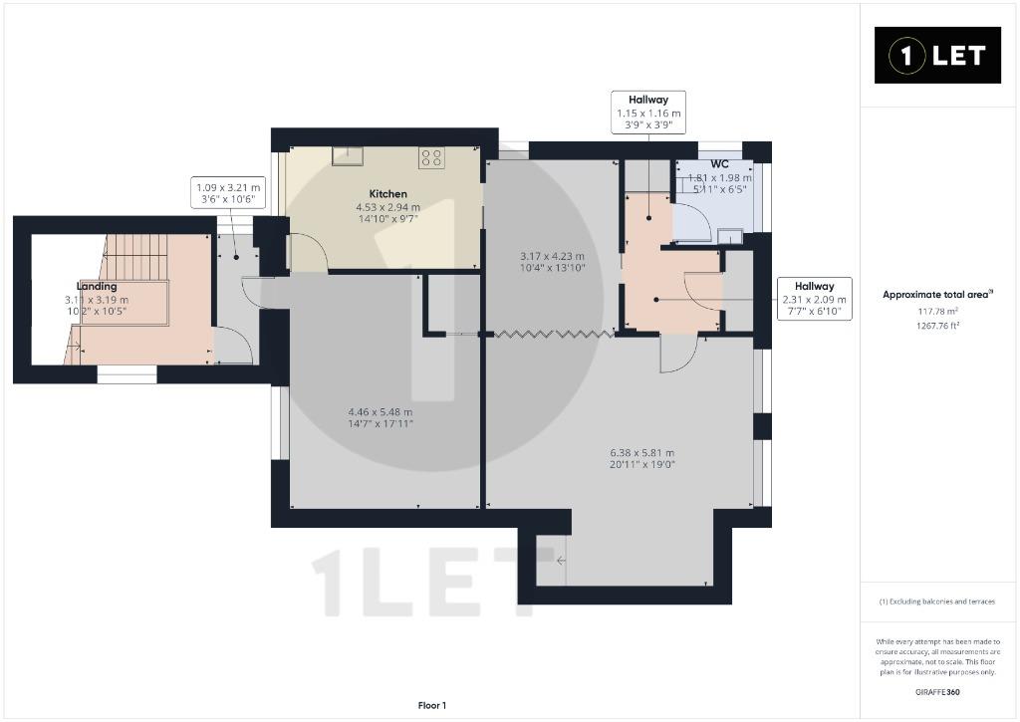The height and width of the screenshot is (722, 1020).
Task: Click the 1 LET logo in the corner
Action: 937,56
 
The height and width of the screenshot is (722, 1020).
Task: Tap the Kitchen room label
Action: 387,194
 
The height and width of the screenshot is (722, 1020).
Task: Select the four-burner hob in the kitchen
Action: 431,158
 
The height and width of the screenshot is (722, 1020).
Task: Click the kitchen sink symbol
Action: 348,156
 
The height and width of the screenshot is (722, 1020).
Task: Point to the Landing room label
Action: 97,286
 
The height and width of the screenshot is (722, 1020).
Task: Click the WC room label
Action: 719,164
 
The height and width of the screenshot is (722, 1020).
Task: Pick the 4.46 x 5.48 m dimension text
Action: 381,411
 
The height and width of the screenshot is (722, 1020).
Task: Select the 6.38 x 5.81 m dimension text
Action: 642,453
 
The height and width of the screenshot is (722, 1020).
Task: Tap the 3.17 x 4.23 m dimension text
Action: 552,256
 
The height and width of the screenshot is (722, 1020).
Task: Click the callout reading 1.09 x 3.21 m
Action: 228,193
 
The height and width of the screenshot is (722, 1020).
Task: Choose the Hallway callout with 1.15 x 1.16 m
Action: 647,112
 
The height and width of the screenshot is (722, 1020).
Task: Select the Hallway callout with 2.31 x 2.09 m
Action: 815,299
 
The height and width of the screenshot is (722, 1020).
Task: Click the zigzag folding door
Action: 553,335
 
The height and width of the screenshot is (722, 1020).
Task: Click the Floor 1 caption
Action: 432,706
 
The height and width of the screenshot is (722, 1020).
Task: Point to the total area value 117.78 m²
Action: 937,313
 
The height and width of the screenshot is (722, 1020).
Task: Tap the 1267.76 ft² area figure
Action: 937,326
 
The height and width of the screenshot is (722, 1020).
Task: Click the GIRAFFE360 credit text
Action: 937,692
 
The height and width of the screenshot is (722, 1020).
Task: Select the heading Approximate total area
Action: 937,295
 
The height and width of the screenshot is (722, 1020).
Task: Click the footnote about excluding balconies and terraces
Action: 937,602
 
